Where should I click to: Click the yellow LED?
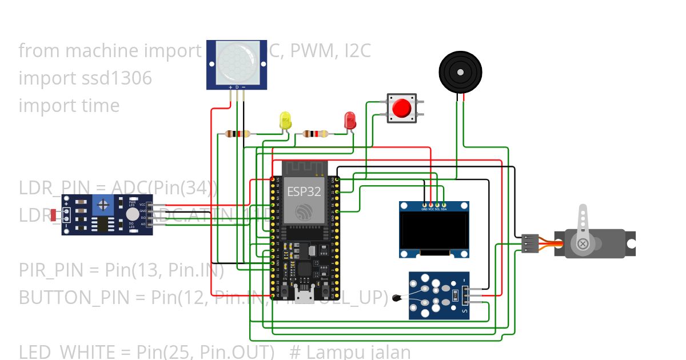pyautogui.click(x=285, y=120)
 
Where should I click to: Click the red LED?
pyautogui.click(x=350, y=120)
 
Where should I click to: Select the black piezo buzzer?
pyautogui.click(x=460, y=72)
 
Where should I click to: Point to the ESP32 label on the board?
pyautogui.click(x=304, y=191)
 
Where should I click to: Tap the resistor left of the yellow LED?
pyautogui.click(x=238, y=134)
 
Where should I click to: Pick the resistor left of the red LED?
pyautogui.click(x=315, y=134)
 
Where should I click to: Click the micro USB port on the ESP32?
pyautogui.click(x=304, y=297)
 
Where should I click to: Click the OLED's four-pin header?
pyautogui.click(x=434, y=204)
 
